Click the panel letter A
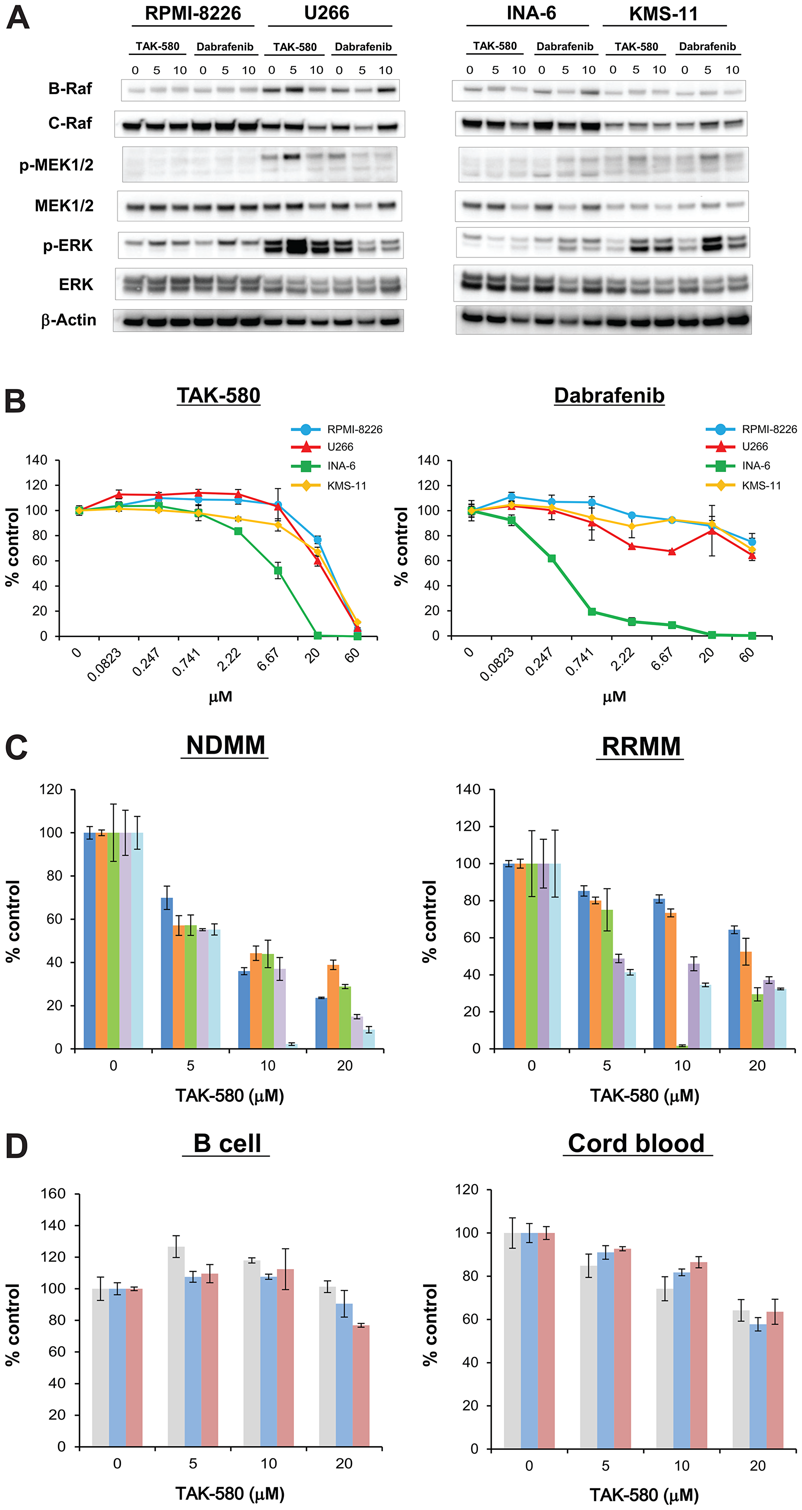tap(18, 18)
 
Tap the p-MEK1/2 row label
tap(56, 165)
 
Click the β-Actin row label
tap(69, 320)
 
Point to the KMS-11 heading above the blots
tap(663, 14)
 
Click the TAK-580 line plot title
tap(219, 396)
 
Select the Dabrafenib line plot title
tap(609, 396)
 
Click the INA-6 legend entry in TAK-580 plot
tap(340, 466)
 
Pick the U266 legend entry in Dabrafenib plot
tap(755, 447)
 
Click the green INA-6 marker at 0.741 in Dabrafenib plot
tap(591, 611)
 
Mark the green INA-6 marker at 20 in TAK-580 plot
tap(318, 636)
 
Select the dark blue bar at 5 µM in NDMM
tap(167, 973)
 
